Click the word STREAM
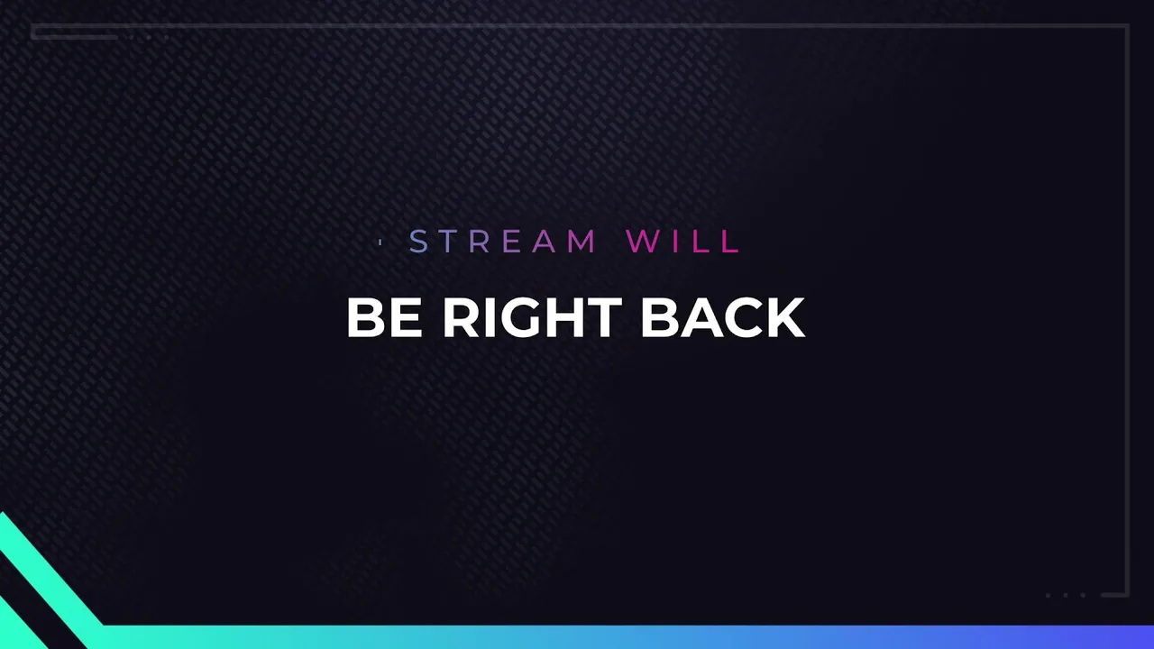pos(503,241)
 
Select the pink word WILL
pos(682,241)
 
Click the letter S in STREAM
pos(418,241)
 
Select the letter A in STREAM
pos(544,241)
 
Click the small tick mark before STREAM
pos(380,242)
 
